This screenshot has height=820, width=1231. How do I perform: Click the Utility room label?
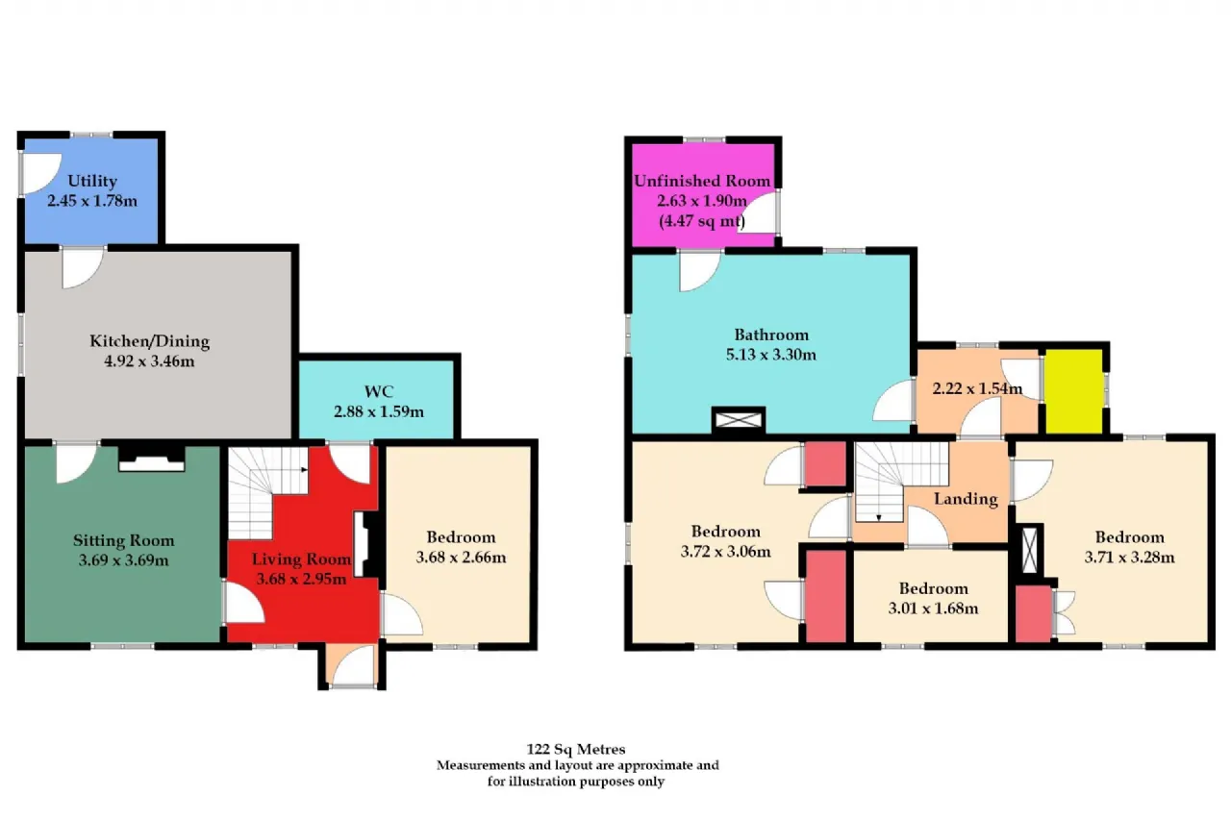[92, 182]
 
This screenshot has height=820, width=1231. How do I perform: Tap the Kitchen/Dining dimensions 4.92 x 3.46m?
[149, 361]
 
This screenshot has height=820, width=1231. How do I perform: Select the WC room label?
[379, 391]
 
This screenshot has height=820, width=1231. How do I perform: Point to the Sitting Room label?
[124, 540]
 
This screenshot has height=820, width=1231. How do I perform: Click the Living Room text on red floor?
[301, 559]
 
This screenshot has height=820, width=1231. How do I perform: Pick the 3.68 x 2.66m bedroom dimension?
[461, 558]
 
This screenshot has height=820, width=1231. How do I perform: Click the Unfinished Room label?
[702, 181]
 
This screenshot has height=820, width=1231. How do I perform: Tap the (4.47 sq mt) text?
[702, 221]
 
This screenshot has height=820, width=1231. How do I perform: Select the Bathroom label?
[771, 335]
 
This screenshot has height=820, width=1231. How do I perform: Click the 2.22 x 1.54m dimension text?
[977, 389]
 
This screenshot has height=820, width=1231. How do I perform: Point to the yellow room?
[1074, 391]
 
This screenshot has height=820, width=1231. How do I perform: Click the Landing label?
[966, 499]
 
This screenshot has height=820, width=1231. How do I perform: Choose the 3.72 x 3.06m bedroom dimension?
[725, 552]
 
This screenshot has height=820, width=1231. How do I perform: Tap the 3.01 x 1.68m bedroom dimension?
[933, 609]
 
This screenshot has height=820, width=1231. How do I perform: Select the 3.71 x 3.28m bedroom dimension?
[1129, 558]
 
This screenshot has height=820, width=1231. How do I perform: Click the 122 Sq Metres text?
[576, 749]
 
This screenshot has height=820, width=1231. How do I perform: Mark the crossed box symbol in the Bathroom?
[739, 421]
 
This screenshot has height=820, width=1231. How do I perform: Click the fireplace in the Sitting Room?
[152, 458]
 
